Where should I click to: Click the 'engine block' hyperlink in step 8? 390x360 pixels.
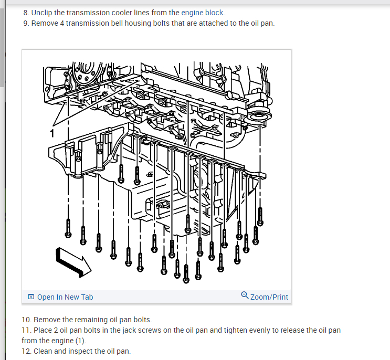point(203,13)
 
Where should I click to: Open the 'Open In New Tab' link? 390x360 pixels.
point(65,297)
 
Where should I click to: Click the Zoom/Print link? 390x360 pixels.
point(269,297)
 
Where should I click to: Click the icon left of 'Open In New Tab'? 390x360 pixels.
point(31,297)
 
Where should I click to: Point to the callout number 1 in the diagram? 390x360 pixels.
point(52,133)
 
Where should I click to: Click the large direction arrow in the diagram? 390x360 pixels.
point(73,261)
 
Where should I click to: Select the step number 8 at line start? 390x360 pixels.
point(26,13)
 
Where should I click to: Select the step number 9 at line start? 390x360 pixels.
point(26,24)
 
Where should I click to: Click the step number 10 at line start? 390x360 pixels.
point(26,320)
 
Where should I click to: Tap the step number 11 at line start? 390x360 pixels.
point(26,330)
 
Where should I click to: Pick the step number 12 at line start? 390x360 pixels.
point(26,351)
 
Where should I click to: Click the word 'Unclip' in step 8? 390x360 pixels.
point(43,13)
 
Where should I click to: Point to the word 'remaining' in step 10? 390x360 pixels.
point(92,320)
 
